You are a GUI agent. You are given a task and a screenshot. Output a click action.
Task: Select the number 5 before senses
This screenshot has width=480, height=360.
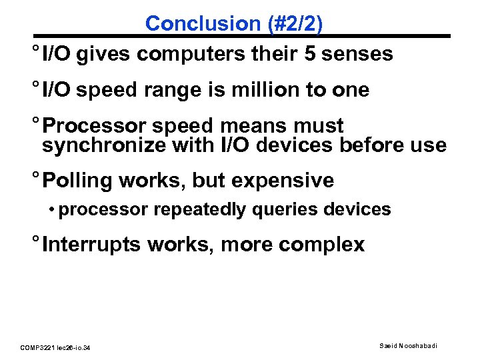(x=310, y=54)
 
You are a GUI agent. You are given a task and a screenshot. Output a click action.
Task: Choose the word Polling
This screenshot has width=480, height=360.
(x=78, y=181)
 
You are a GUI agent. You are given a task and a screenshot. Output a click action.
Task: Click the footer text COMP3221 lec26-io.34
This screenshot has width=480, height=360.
(x=56, y=347)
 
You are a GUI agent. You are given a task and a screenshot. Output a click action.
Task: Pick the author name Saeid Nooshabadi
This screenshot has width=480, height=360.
(x=409, y=345)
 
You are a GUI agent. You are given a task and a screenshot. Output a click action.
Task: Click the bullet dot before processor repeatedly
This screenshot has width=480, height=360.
(x=51, y=210)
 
